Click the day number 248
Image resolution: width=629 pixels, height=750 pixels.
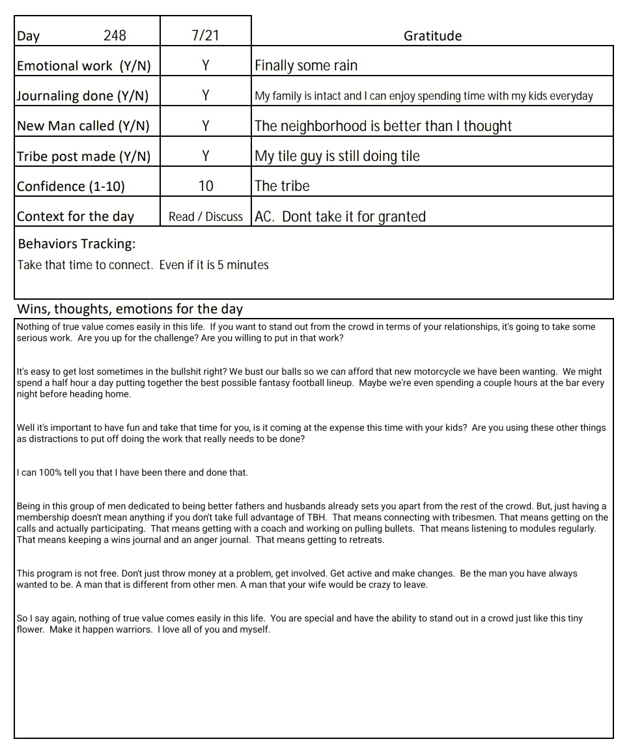pyautogui.click(x=115, y=35)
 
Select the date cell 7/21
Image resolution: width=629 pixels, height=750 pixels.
pyautogui.click(x=205, y=35)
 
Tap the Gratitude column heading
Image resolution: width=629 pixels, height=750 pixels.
pyautogui.click(x=432, y=36)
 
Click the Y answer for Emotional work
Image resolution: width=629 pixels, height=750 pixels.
pyautogui.click(x=205, y=65)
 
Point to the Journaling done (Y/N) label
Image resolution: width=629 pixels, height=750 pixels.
pyautogui.click(x=83, y=96)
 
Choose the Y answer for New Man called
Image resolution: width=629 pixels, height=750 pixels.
pyautogui.click(x=205, y=126)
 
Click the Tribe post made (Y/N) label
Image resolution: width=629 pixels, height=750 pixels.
pyautogui.click(x=83, y=156)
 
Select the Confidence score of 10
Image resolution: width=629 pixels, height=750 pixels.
pyautogui.click(x=205, y=186)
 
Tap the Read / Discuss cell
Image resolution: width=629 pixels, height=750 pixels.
pyautogui.click(x=205, y=217)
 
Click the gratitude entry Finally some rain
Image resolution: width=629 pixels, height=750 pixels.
pyautogui.click(x=306, y=65)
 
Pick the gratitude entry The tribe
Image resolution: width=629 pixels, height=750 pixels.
pyautogui.click(x=282, y=186)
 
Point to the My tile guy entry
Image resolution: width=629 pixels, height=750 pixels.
pyautogui.click(x=337, y=156)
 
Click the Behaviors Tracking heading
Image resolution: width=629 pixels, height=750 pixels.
pyautogui.click(x=77, y=244)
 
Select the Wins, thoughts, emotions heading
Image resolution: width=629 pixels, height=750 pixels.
pyautogui.click(x=130, y=309)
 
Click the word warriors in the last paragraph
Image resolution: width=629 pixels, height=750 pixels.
pyautogui.click(x=130, y=629)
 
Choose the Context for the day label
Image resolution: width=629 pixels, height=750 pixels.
pyautogui.click(x=76, y=217)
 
